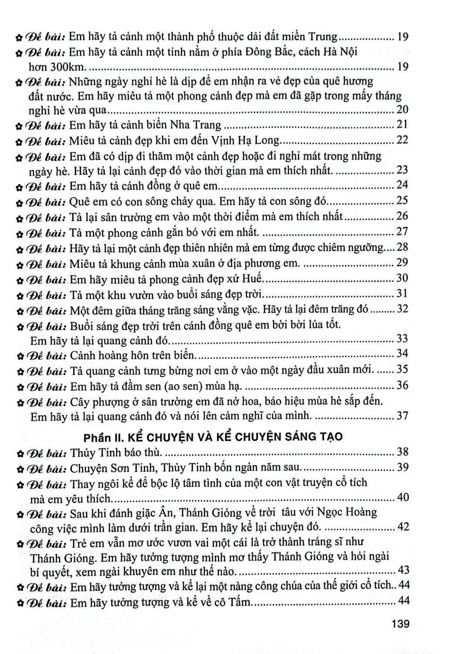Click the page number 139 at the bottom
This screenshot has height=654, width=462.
point(401,624)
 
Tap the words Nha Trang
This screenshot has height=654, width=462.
point(200,125)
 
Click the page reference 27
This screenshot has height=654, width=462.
point(402,231)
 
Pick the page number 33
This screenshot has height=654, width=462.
point(402,339)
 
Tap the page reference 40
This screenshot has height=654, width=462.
point(402,497)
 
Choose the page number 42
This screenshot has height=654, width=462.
point(402,527)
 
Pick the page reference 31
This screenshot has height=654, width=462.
point(402,293)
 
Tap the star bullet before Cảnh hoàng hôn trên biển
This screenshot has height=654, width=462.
point(19,356)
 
